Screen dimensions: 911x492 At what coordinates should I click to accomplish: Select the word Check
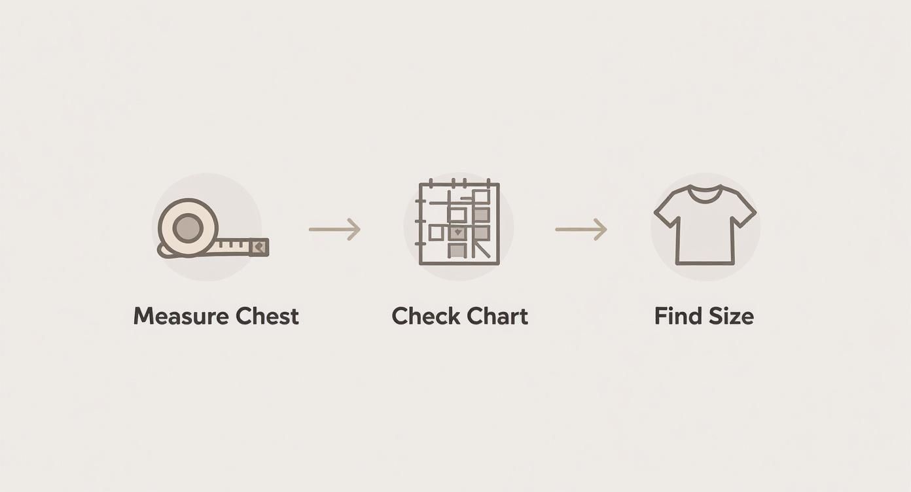pyautogui.click(x=426, y=316)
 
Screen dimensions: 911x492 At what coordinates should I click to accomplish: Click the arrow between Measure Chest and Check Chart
pyautogui.click(x=334, y=230)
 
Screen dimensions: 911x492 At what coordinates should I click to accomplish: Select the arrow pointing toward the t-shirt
pyautogui.click(x=581, y=230)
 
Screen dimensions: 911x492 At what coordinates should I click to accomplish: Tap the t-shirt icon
pyautogui.click(x=706, y=225)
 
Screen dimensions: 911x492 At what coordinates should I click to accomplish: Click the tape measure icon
pyautogui.click(x=213, y=228)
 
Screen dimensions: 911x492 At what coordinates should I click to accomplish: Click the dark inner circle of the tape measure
pyautogui.click(x=187, y=227)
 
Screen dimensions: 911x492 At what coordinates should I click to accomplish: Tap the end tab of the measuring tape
pyautogui.click(x=259, y=247)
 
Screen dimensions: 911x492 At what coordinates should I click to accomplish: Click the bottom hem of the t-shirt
pyautogui.click(x=706, y=263)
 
